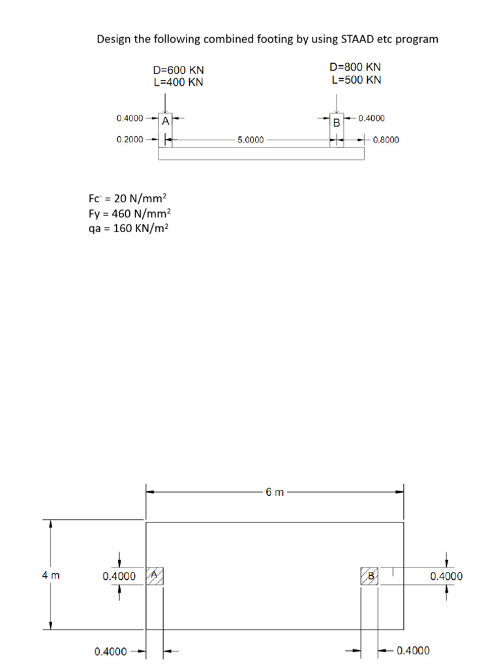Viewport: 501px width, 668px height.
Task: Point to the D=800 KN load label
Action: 356,67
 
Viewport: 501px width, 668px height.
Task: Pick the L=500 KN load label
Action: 356,80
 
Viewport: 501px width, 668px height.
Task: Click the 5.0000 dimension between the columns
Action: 250,140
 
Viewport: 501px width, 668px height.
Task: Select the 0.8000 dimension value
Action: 386,140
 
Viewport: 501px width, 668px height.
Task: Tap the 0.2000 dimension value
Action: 130,140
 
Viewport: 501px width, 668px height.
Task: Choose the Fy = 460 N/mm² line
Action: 129,213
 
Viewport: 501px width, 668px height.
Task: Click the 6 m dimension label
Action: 275,492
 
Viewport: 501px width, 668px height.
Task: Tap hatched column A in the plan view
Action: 155,576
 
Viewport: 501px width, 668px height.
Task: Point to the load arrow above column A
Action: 166,102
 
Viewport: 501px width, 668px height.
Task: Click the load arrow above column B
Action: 337,102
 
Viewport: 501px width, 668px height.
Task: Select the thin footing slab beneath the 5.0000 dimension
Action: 261,153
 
